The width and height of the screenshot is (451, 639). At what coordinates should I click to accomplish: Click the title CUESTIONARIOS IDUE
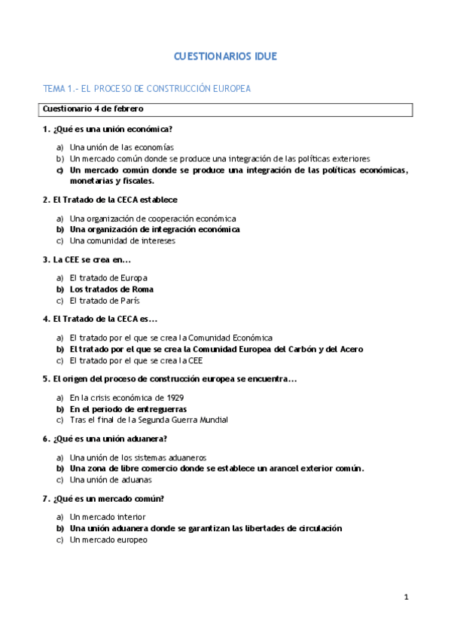point(225,57)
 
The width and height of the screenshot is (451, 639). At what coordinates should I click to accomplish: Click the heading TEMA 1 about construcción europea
point(147,89)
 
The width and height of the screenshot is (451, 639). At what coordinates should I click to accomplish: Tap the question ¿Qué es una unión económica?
point(108,129)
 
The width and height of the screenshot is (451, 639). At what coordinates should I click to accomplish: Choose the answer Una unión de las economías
point(121,148)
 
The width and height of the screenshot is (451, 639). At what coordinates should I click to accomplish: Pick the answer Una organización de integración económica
point(154,229)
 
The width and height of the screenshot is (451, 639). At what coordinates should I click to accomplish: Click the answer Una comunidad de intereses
point(122,241)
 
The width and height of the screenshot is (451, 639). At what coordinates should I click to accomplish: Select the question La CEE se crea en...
point(87,260)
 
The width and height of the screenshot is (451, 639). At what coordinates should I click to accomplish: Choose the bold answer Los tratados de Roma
point(111,289)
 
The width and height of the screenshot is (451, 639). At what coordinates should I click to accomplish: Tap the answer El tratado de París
point(105,301)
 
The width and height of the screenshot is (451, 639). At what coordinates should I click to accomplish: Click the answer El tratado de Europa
point(108,278)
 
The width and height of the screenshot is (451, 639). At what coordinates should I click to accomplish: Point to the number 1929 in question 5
point(174,398)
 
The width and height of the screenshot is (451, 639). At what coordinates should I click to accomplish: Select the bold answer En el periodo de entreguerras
point(128,409)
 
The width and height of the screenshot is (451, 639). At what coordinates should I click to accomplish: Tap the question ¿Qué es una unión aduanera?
point(105,439)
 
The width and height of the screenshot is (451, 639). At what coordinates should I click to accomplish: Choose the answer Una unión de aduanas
point(110,479)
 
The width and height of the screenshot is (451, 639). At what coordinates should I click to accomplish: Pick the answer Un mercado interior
point(108,517)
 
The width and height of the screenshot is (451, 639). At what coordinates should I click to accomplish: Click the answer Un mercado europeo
point(108,540)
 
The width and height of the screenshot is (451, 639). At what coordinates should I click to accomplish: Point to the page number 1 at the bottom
point(406,598)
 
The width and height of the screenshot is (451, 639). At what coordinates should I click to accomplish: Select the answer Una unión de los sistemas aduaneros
point(138,457)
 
